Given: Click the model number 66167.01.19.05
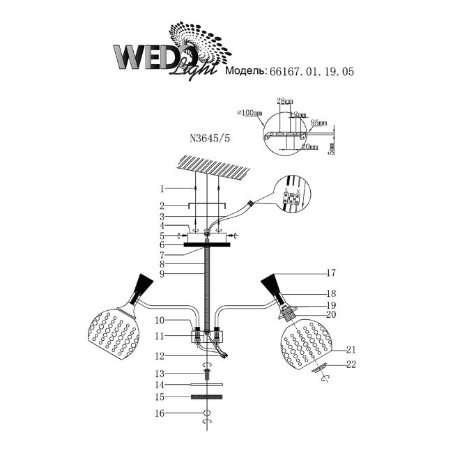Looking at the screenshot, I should tap(306, 72).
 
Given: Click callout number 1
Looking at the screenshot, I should tap(161, 189).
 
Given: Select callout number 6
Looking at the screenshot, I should tap(161, 245).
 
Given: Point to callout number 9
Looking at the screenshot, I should tap(161, 274).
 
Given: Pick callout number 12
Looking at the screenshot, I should tap(161, 355).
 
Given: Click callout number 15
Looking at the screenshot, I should tap(161, 397).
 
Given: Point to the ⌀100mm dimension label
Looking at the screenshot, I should tap(248, 113).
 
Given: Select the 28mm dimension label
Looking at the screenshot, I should tap(284, 101).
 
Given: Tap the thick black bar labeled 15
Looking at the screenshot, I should tap(206, 397).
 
